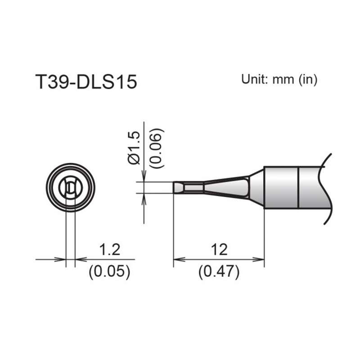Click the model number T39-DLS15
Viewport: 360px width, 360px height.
click(x=85, y=82)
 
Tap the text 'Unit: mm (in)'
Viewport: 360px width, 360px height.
click(x=279, y=80)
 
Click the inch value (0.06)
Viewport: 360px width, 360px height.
click(x=157, y=148)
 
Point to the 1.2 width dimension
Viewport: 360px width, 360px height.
click(x=109, y=249)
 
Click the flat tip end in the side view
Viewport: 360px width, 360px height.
click(x=174, y=188)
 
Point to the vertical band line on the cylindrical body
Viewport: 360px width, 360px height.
click(x=299, y=188)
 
